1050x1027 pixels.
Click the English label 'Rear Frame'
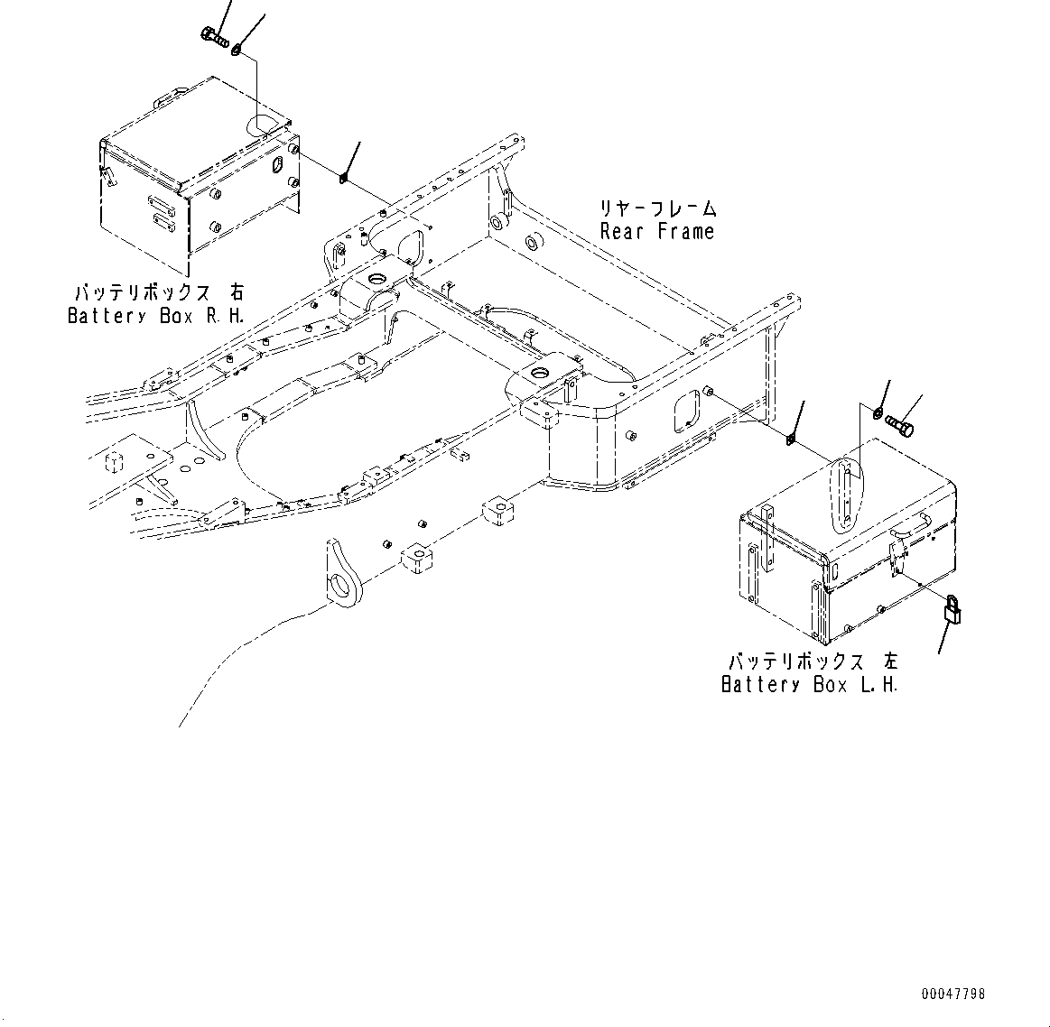[657, 232]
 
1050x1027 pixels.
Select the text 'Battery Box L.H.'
[809, 684]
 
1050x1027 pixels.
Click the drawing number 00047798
[952, 994]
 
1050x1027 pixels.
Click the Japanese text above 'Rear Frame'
[658, 208]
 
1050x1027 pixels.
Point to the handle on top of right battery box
[172, 94]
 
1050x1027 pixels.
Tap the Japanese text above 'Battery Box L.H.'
[809, 662]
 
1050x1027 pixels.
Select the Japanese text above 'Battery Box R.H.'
[158, 293]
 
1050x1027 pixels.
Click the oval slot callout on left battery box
[845, 495]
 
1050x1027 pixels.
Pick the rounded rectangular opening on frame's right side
[688, 407]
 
